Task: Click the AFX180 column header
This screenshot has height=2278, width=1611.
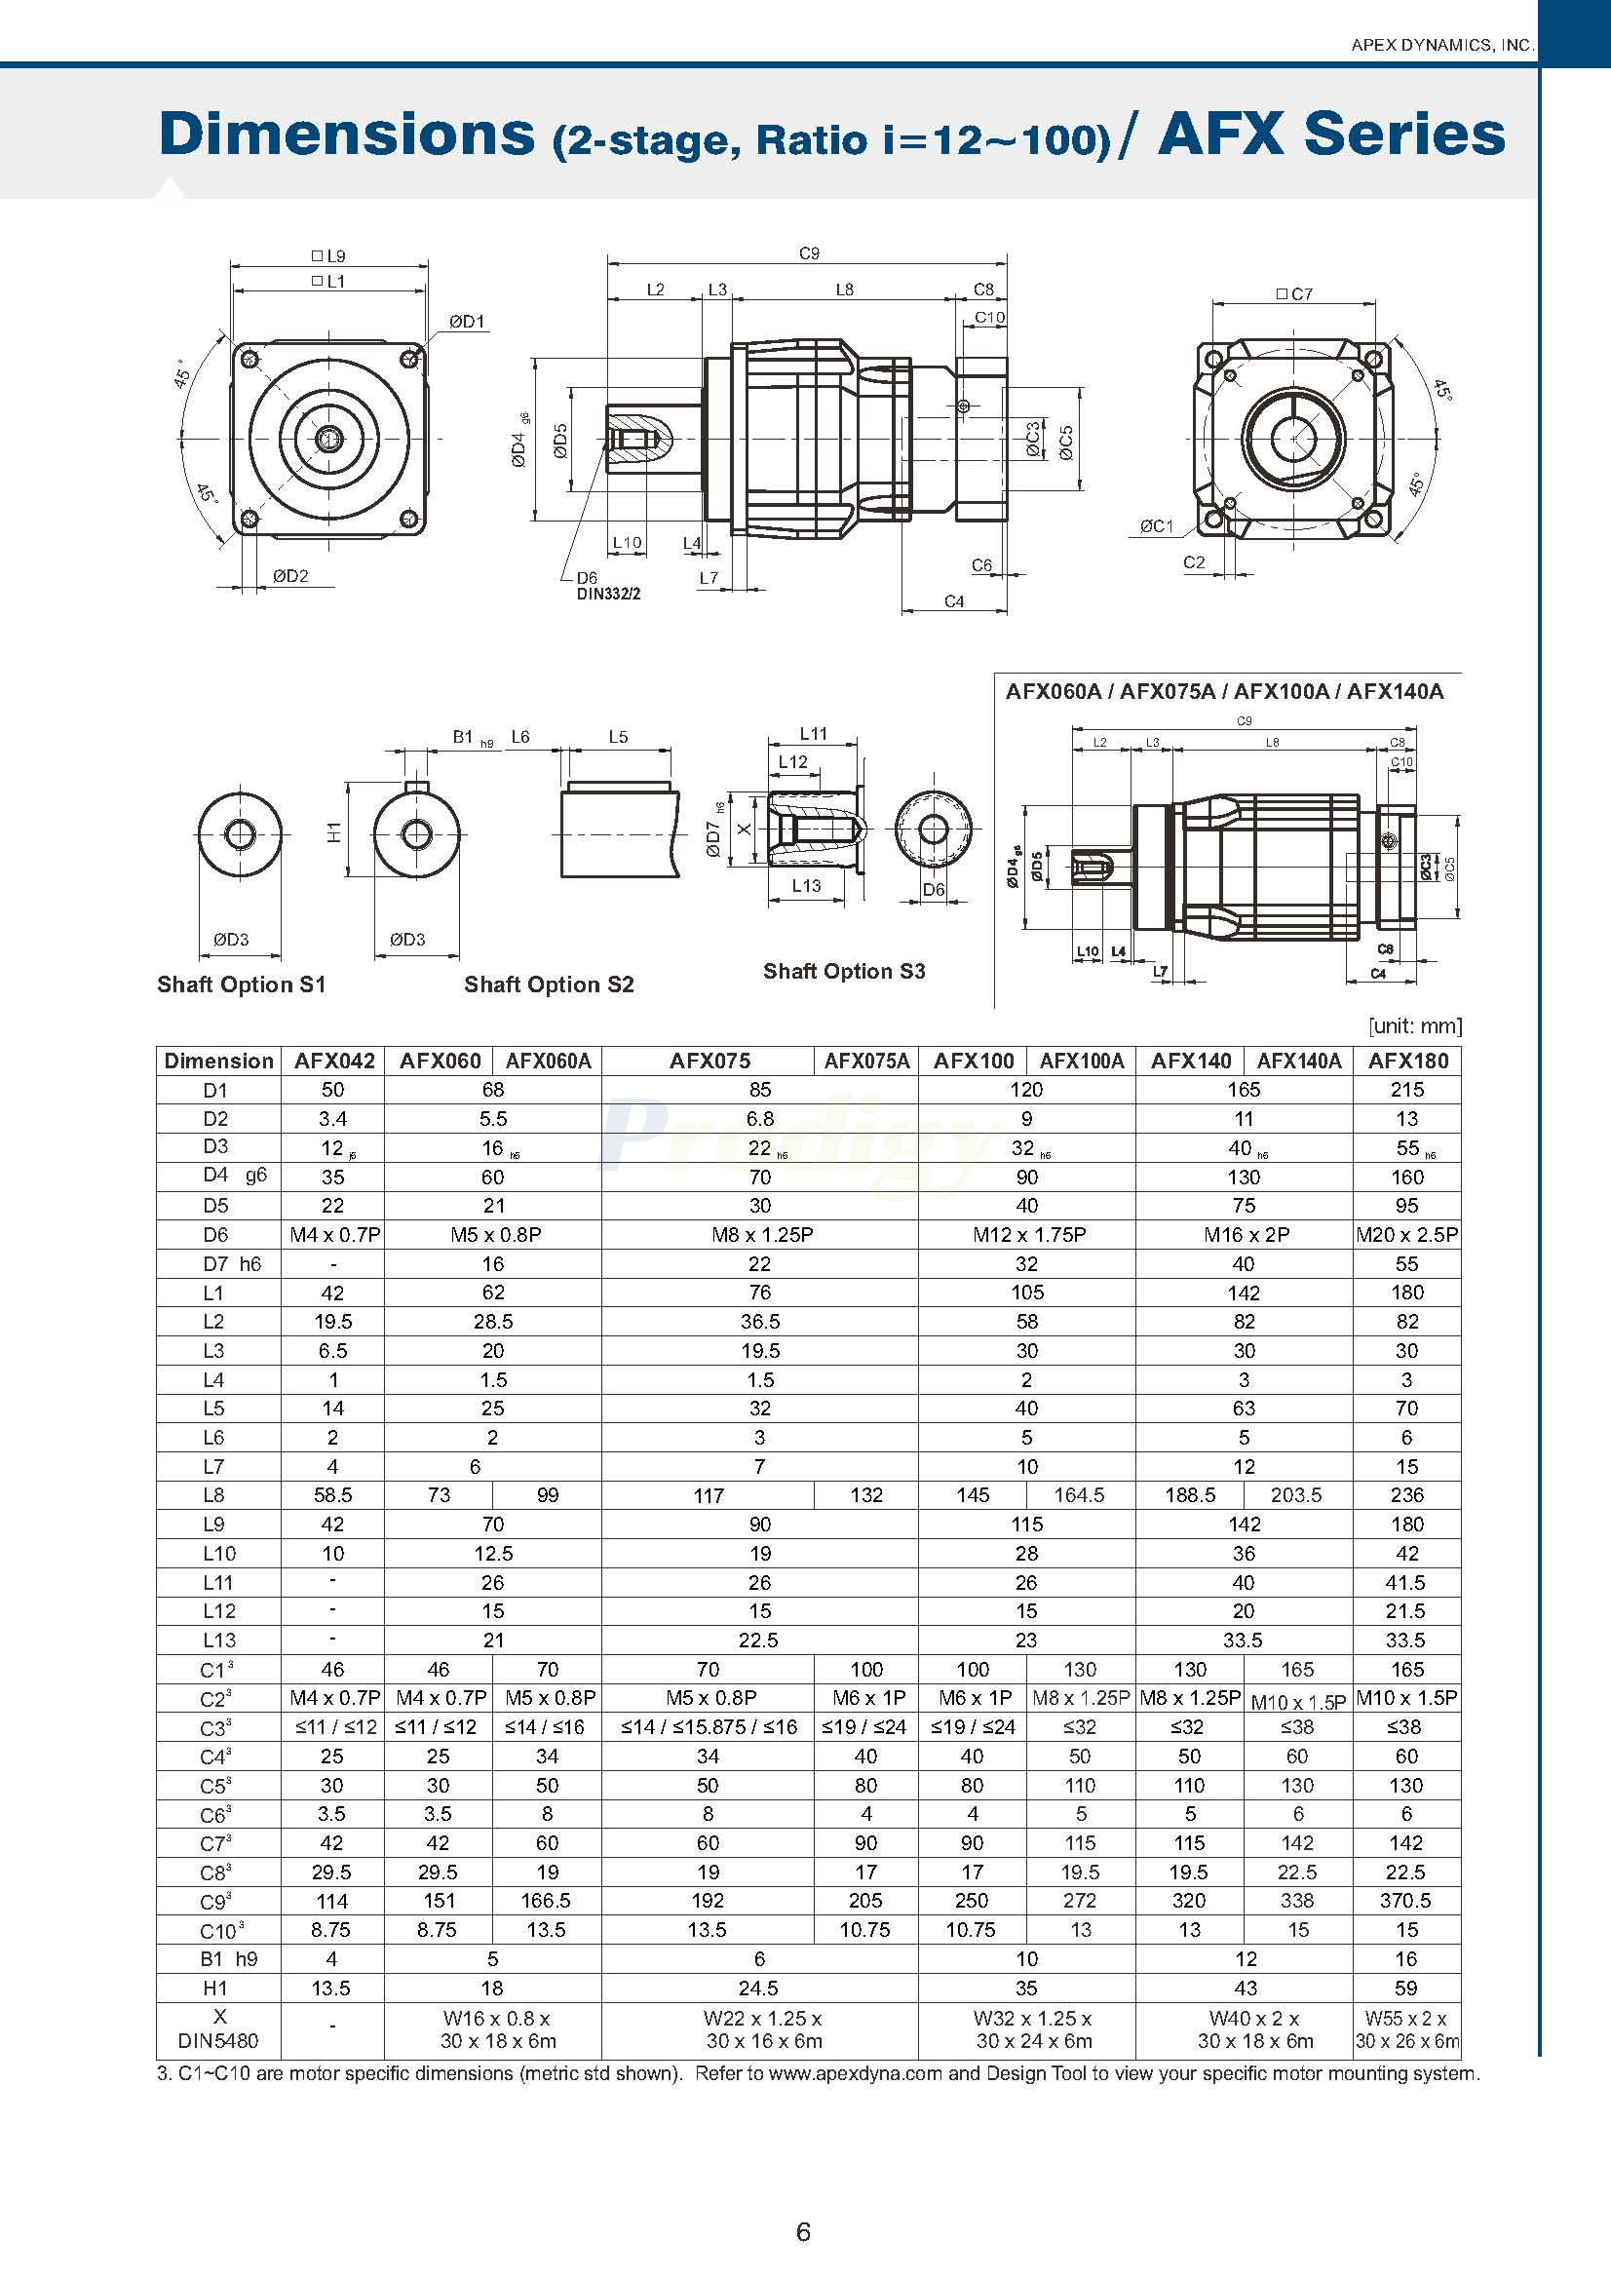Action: pos(1406,1061)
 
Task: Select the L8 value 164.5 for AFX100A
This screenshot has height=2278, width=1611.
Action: pos(1079,1495)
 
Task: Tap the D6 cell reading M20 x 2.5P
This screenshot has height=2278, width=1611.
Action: pos(1406,1235)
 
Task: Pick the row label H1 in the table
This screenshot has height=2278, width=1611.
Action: pos(215,1988)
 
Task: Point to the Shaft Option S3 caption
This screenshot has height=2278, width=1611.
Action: pos(843,971)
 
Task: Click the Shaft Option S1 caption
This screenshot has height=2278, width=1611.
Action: pos(241,985)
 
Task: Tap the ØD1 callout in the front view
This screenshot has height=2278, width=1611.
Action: pos(466,322)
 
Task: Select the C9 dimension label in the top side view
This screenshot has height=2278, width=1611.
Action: pos(810,253)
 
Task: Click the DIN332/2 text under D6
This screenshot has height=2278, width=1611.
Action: pos(609,595)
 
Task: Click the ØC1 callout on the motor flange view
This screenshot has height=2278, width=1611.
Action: pos(1156,525)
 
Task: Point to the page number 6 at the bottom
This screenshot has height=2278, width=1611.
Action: pos(803,2232)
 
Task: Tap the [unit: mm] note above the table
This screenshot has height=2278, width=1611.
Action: pos(1414,1025)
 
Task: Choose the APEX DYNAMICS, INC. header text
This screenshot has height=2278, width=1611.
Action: pos(1442,45)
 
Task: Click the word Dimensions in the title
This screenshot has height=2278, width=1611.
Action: pos(347,134)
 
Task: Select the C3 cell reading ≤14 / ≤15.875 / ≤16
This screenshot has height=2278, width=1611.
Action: pos(709,1727)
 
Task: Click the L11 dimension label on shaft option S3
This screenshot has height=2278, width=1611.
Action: pos(813,733)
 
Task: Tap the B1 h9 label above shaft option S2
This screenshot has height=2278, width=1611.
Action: pos(471,737)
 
